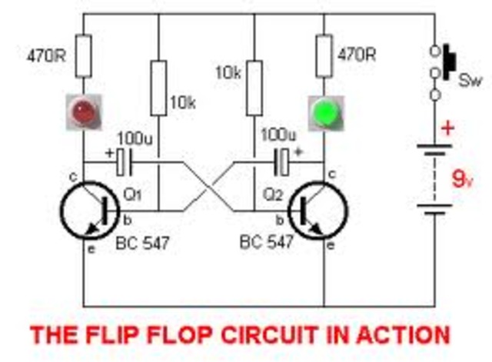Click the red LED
(82, 111)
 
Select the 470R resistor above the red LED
(82, 56)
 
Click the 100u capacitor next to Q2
(282, 162)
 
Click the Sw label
(470, 81)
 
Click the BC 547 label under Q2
(267, 244)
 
